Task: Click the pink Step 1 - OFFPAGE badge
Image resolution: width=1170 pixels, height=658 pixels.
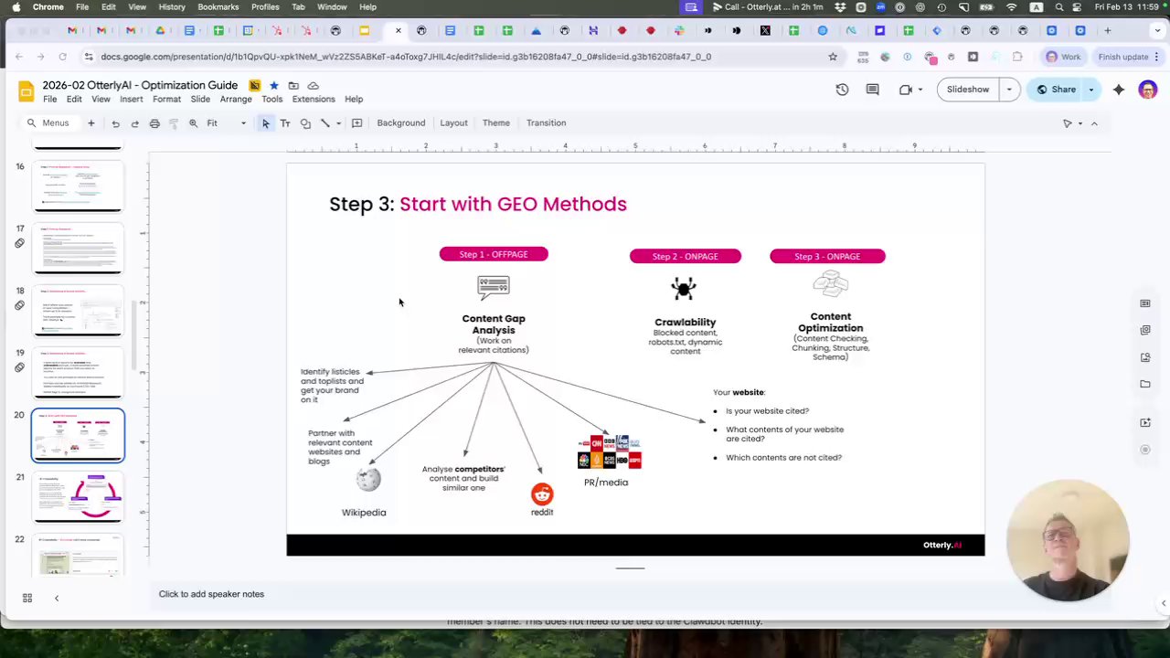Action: click(x=494, y=254)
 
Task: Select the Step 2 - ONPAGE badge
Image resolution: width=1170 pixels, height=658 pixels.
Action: click(x=685, y=256)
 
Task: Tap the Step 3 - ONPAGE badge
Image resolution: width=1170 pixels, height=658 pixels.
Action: click(x=827, y=256)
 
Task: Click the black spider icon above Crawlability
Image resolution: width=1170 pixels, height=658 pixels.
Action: click(x=684, y=289)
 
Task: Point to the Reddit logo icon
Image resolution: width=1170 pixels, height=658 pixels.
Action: click(x=542, y=494)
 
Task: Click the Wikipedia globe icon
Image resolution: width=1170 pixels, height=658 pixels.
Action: click(x=368, y=478)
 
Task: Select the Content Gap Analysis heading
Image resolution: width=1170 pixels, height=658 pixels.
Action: click(x=494, y=324)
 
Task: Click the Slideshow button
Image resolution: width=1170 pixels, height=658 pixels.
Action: click(x=967, y=90)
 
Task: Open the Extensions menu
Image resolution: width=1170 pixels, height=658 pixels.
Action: click(x=314, y=99)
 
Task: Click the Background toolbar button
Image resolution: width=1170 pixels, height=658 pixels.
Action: click(x=400, y=122)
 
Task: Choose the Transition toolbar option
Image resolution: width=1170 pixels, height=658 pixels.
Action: click(x=546, y=122)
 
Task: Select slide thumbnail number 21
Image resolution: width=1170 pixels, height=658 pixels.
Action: click(x=79, y=496)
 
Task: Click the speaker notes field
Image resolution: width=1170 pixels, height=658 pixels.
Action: click(x=211, y=594)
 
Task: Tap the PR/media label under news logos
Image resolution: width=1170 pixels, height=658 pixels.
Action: click(x=606, y=483)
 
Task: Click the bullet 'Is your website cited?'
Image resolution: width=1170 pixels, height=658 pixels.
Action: click(x=767, y=411)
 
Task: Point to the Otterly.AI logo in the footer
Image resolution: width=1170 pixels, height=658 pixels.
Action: click(x=941, y=545)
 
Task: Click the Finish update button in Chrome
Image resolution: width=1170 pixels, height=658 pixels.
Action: click(x=1122, y=57)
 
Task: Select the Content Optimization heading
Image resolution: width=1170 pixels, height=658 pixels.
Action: click(x=830, y=322)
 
